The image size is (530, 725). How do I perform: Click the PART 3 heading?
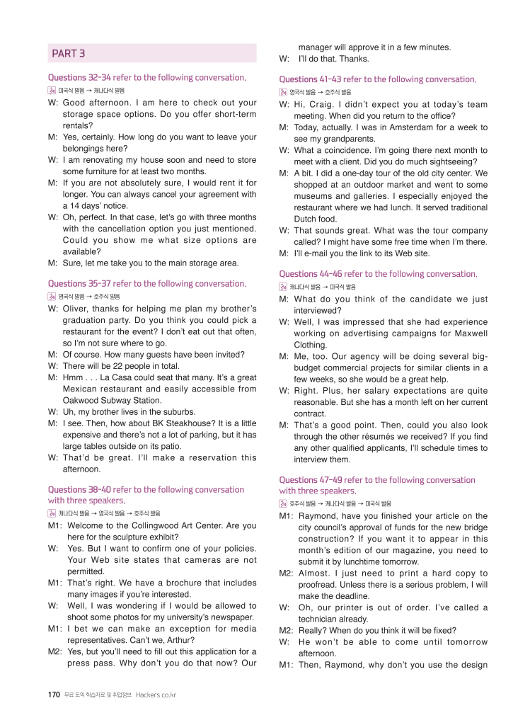69,53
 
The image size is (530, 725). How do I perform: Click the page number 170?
54,695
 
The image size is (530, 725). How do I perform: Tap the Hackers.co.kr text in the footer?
156,695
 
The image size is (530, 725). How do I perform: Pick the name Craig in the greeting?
319,105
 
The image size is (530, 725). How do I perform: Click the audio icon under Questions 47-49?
283,503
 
